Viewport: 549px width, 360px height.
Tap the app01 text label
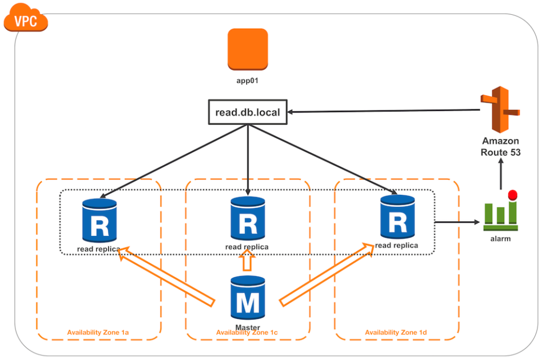pos(248,81)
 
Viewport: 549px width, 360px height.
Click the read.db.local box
pos(248,112)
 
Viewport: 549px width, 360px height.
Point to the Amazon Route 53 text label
pos(501,146)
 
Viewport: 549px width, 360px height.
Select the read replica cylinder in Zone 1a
pos(100,219)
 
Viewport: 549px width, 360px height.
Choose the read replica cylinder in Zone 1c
pos(248,219)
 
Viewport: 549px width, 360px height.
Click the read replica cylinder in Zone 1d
pos(396,217)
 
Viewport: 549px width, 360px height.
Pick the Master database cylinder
pos(248,298)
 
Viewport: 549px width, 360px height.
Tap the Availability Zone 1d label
pos(396,332)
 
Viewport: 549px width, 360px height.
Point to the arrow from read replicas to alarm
pos(457,222)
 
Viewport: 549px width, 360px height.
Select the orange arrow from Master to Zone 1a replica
pos(166,274)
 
